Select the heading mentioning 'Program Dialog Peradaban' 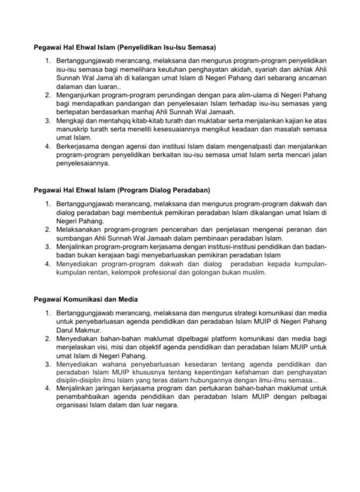tap(121, 190)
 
